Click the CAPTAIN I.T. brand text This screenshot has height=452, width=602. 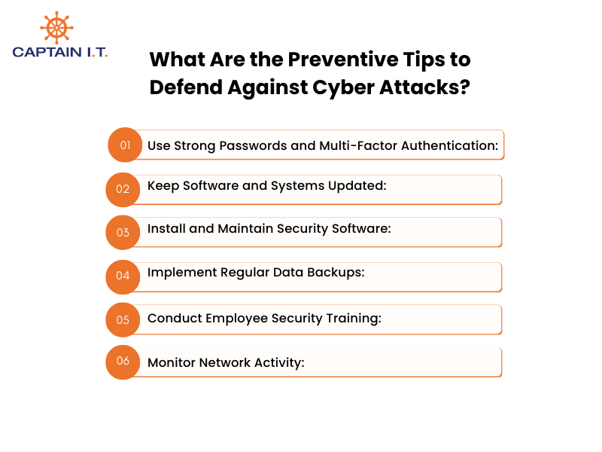(60, 52)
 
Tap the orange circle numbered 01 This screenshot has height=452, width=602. (125, 145)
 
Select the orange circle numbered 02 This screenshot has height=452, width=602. (123, 189)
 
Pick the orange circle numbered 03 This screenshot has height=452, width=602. (123, 232)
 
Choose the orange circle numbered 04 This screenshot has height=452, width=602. (123, 276)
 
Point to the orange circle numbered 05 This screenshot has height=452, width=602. (123, 319)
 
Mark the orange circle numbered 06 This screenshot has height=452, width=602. (123, 361)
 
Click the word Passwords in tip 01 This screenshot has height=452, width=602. (252, 145)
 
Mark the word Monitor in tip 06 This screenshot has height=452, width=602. (172, 362)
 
